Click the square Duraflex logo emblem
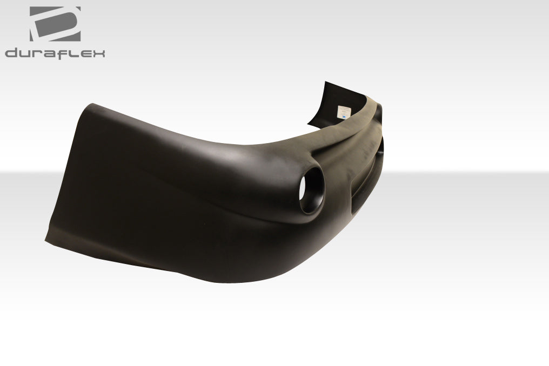[x=55, y=24]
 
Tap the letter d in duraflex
[x=12, y=53]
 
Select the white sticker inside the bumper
[x=343, y=112]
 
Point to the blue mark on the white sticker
[x=343, y=115]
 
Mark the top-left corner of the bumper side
[x=93, y=105]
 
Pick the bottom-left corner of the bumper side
[x=46, y=240]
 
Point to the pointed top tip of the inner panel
[x=325, y=83]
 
